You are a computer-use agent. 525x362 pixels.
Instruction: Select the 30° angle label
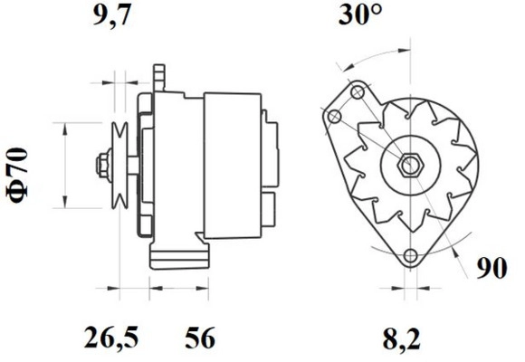tap(361, 15)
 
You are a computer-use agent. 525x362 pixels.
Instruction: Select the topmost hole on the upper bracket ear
tap(357, 91)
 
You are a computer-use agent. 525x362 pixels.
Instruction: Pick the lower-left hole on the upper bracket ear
tap(336, 116)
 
